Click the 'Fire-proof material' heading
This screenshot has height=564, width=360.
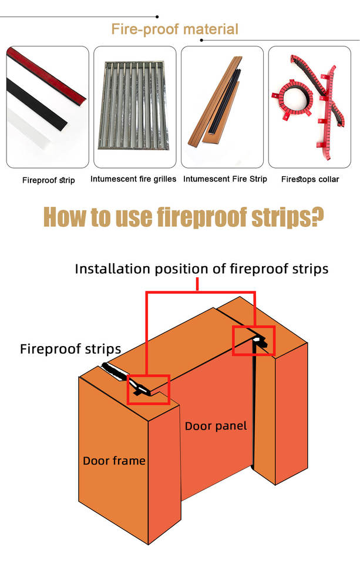point(175,29)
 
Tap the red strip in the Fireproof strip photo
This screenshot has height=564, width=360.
point(47,74)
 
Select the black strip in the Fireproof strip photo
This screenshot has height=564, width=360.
point(36,105)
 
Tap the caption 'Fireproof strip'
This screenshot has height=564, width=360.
point(49,180)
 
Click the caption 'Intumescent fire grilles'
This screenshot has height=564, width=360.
point(133,179)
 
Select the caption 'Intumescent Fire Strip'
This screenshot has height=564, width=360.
point(225,179)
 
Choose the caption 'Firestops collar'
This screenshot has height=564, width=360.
point(310,179)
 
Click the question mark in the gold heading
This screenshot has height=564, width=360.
point(316,217)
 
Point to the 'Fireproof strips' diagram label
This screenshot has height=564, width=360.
point(70,349)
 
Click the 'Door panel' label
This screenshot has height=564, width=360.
point(216,427)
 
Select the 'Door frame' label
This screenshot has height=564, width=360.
point(114,461)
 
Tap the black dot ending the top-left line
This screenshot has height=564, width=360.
point(157,17)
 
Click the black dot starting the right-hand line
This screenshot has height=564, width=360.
point(201,41)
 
